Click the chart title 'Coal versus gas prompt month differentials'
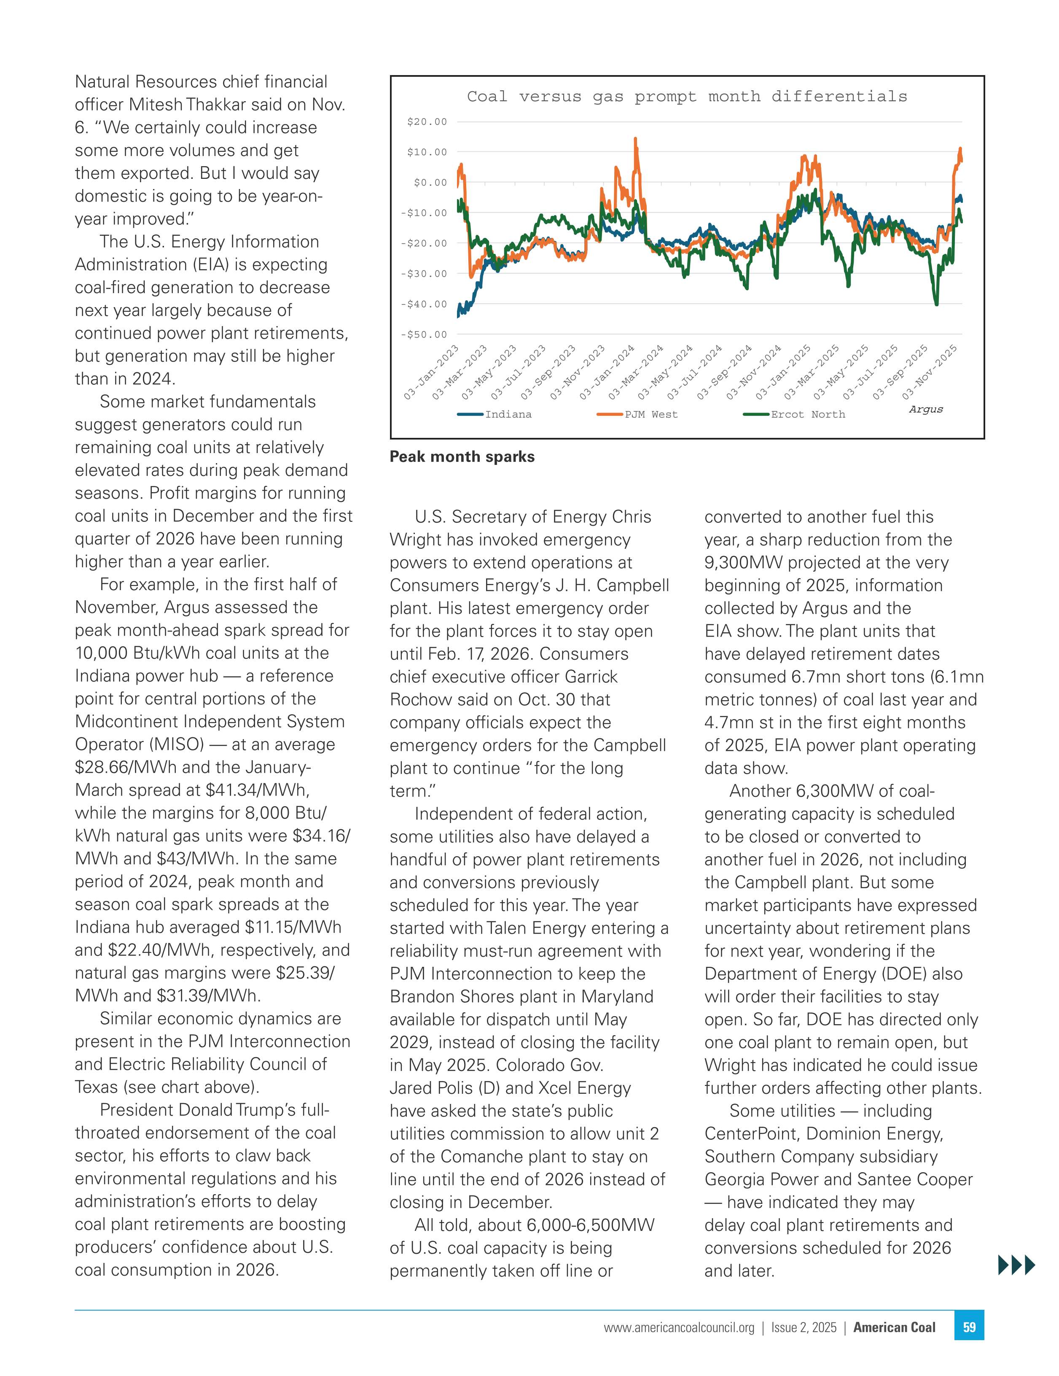686,97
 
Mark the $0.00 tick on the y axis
430,183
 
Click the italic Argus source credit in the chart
925,410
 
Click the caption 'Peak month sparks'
462,457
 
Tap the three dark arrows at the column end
1016,1265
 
